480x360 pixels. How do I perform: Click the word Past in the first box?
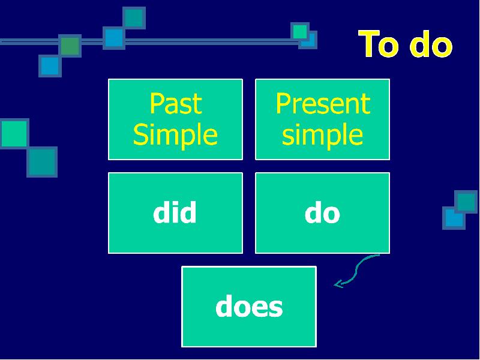(176, 103)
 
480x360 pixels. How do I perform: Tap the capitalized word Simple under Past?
(175, 135)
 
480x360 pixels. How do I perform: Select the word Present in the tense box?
(323, 103)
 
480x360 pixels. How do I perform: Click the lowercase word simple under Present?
(322, 135)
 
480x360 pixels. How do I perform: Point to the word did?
(175, 212)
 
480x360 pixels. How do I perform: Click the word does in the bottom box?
(249, 306)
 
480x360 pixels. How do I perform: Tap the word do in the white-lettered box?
(322, 213)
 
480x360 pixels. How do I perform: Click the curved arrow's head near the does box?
(337, 284)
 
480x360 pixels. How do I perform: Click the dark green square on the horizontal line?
(70, 46)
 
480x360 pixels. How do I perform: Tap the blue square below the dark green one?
(50, 66)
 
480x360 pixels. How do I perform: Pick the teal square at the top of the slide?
(134, 18)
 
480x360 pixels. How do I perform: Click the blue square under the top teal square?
(114, 38)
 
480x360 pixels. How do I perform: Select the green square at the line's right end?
(299, 31)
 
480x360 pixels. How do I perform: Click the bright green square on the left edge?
(14, 133)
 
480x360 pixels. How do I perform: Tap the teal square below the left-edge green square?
(42, 161)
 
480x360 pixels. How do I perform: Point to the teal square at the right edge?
(466, 202)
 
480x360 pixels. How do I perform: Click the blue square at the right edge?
(454, 218)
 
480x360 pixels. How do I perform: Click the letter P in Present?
(283, 103)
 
